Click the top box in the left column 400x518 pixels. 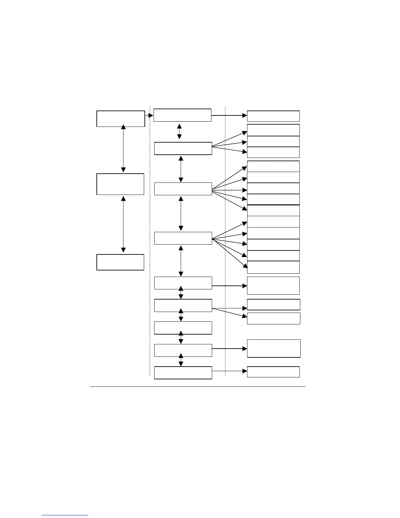(x=121, y=118)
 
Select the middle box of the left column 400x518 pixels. (x=120, y=184)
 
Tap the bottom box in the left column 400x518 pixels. (x=120, y=262)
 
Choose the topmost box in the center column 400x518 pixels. (x=182, y=115)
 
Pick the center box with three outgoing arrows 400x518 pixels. (x=183, y=148)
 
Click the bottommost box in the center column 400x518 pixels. (x=183, y=373)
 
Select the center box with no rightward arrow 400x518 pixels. (x=183, y=328)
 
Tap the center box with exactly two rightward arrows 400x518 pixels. (x=183, y=305)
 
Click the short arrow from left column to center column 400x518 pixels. (x=149, y=115)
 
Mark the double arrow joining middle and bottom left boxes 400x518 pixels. (x=123, y=224)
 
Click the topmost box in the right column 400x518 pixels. (x=273, y=116)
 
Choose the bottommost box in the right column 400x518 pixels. (x=273, y=372)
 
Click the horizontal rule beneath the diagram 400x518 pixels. (x=197, y=387)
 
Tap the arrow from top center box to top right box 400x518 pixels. (x=229, y=115)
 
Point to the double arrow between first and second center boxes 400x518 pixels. (x=179, y=131)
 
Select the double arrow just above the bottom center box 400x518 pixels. (x=181, y=360)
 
